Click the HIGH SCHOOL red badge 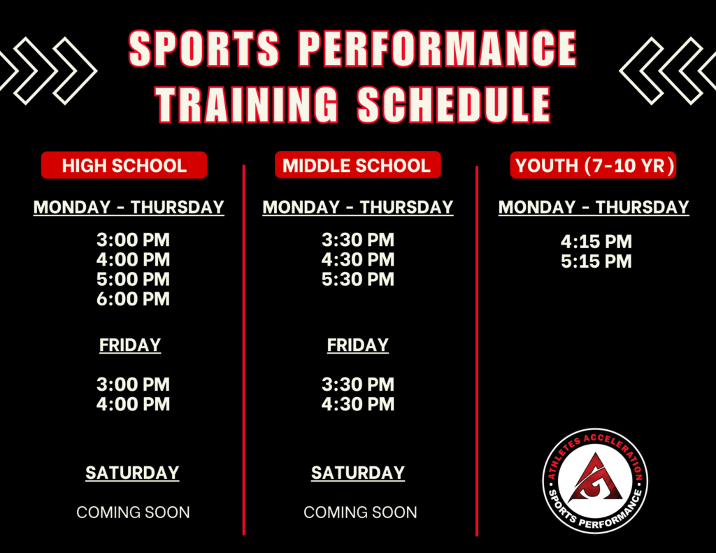point(124,166)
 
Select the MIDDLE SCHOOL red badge point(357,166)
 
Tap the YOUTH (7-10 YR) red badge point(593,166)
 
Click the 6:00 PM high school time point(133,299)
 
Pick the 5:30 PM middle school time point(358,280)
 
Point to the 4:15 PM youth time point(596,242)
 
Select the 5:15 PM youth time point(596,261)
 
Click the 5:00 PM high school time point(133,280)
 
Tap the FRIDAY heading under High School point(130,345)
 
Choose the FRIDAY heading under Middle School point(358,345)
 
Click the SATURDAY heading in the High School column point(132,473)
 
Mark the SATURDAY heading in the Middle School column point(358,473)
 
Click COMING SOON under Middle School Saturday point(360,512)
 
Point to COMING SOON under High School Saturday point(133,512)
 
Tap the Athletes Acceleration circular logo point(596,481)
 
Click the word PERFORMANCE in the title point(438,50)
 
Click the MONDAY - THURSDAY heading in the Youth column point(594,208)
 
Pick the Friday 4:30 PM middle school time point(358,404)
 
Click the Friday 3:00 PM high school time point(133,385)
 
